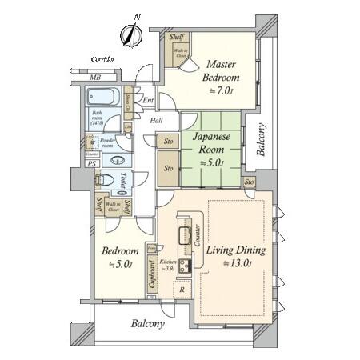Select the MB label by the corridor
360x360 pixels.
(95, 78)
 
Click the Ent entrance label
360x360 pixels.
(149, 101)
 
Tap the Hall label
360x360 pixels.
(158, 121)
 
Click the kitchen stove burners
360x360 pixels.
(184, 266)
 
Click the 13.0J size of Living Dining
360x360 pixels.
(238, 263)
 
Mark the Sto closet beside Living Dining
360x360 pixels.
(250, 183)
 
